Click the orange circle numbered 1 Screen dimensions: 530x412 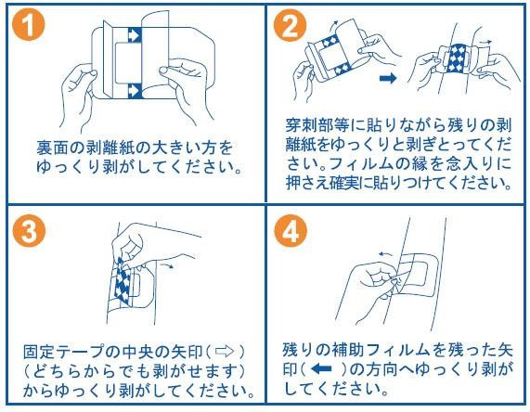tap(29, 25)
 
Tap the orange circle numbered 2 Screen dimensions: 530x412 tap(290, 25)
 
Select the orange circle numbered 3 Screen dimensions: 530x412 tap(29, 231)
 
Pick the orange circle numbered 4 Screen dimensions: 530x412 tap(291, 231)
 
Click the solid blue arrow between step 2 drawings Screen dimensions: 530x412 tap(388, 79)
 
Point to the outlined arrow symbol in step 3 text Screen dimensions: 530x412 tap(225, 352)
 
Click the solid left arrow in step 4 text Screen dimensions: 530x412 tap(321, 368)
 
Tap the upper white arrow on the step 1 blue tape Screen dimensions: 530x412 tap(135, 35)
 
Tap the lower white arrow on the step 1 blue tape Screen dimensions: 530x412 tap(135, 91)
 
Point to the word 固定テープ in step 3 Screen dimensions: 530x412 tap(63, 352)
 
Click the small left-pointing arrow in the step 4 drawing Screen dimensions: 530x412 tap(386, 254)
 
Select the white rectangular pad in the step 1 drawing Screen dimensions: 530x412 tap(128, 63)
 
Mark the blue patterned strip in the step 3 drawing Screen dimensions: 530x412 tap(123, 281)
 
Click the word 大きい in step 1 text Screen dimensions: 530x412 tap(173, 148)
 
